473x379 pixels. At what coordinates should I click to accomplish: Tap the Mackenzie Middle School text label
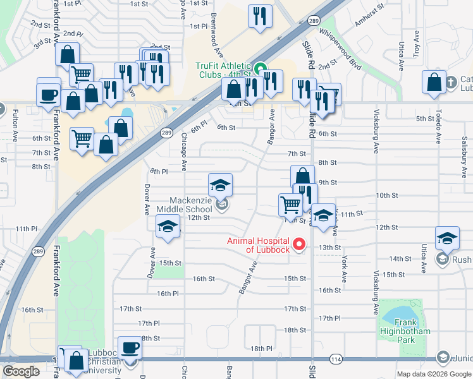pos(182,205)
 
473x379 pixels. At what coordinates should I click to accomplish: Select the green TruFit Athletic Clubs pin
pos(260,66)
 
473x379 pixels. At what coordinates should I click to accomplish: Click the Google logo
pos(21,371)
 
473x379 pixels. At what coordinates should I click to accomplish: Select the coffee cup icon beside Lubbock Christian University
pos(131,348)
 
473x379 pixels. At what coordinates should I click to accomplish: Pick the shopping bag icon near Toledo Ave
pos(434,83)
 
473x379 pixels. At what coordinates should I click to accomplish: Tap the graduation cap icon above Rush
pos(447,238)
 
